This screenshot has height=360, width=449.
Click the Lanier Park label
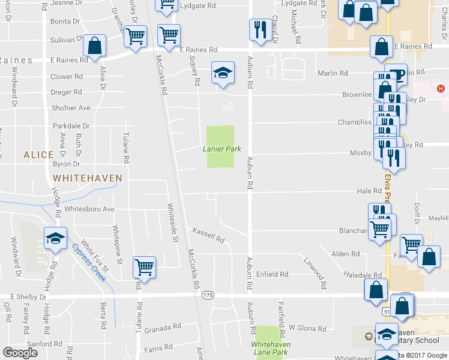[217, 149]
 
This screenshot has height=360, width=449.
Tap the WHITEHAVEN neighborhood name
[88, 178]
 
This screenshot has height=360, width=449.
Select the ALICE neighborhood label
[38, 155]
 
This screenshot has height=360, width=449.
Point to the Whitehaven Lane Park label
[270, 348]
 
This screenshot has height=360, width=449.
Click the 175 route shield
[208, 295]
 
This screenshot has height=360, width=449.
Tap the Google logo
[20, 353]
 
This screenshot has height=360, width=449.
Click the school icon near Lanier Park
[222, 73]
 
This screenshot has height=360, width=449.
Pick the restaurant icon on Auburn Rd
[260, 29]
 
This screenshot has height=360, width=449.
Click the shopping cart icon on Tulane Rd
[144, 266]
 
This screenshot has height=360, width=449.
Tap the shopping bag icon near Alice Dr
[94, 45]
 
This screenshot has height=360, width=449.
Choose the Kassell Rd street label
[208, 235]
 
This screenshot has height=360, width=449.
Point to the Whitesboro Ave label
[89, 209]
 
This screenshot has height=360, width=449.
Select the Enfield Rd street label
[273, 274]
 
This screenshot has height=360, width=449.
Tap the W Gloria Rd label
[307, 328]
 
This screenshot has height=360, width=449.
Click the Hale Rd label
[369, 191]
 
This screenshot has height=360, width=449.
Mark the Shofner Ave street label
[71, 108]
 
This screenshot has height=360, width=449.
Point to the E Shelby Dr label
[28, 296]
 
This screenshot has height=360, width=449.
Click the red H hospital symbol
[441, 89]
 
